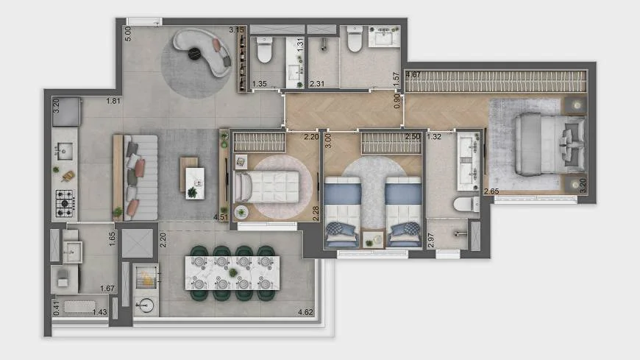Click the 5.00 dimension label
point(128,34)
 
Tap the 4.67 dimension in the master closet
point(413,75)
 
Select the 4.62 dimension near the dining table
point(305,312)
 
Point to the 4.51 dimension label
point(221,217)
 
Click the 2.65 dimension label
point(491,191)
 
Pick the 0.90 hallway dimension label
point(397,101)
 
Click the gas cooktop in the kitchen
point(65,203)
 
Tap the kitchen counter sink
point(65,151)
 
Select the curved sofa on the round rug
point(202,52)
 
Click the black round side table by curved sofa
point(194,54)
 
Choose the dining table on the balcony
point(232,272)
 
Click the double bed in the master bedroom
point(550,144)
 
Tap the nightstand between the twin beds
point(373,239)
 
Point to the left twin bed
point(343,212)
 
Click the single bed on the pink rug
point(267,187)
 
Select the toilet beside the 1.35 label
point(265,50)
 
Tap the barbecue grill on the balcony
point(146,276)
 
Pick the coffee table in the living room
point(192,178)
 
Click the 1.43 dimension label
point(99,312)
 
